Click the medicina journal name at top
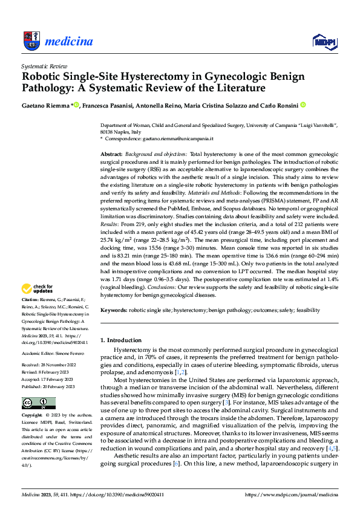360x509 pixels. [x=69, y=42]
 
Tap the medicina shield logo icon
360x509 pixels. [x=32, y=41]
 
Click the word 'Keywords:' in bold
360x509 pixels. [x=114, y=310]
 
